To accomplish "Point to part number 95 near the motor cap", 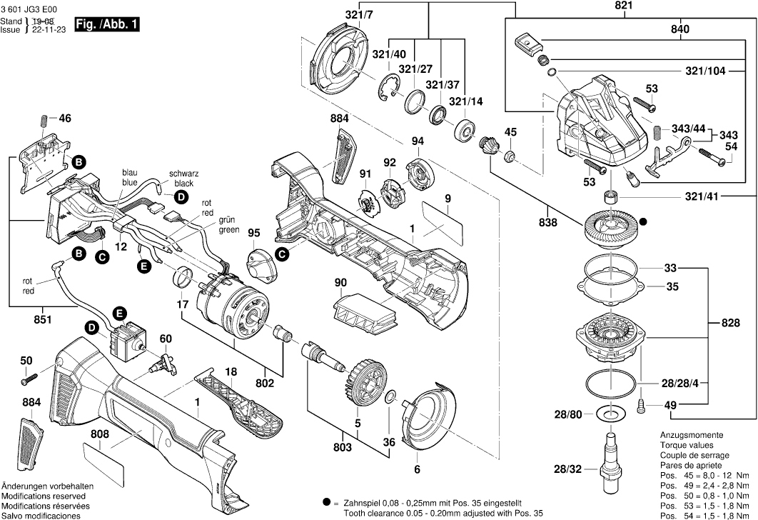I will [255, 232].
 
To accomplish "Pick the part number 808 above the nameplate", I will [99, 434].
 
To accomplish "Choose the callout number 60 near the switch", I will [165, 338].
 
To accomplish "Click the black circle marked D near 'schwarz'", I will [181, 196].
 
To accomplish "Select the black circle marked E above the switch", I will [119, 313].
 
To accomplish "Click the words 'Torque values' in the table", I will [684, 445].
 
